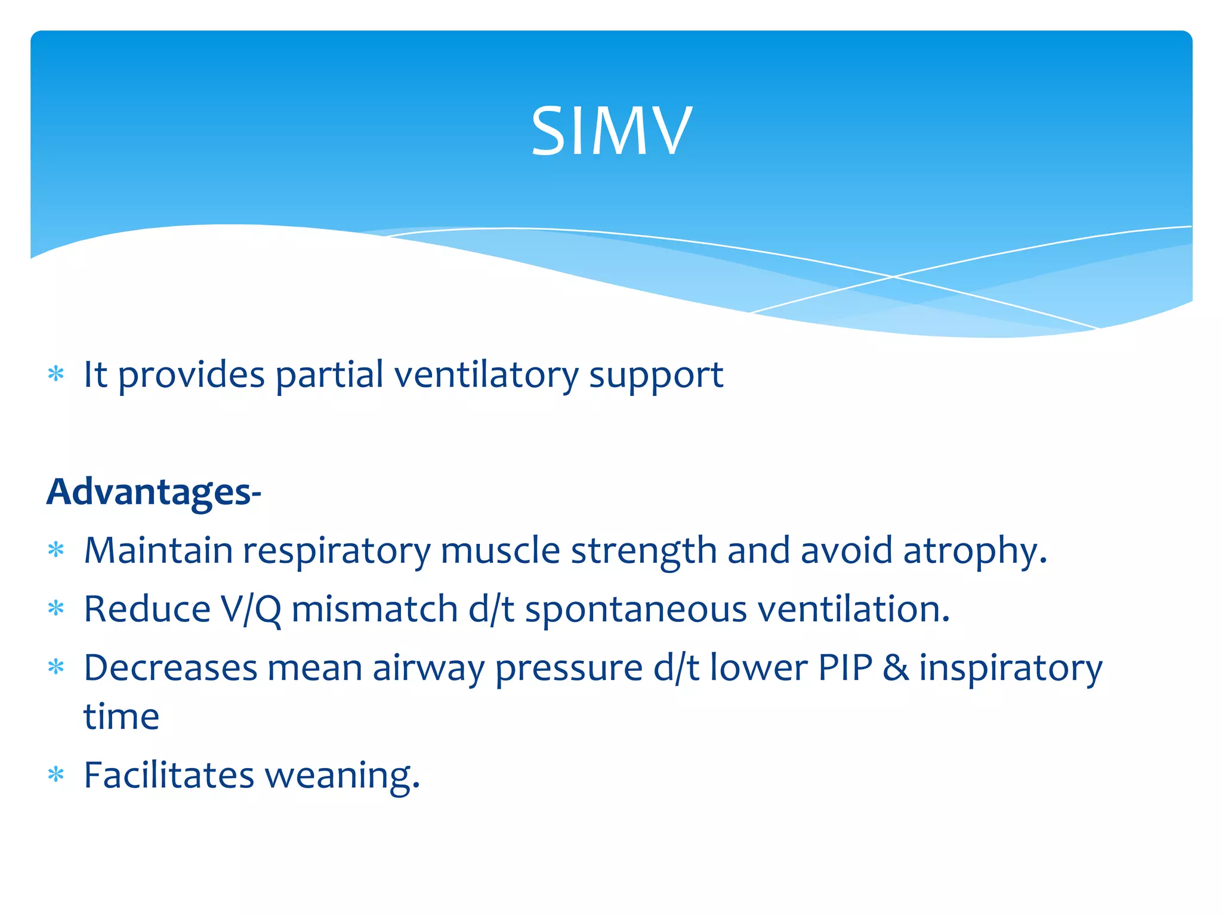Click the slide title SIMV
(612, 131)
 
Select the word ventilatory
(486, 376)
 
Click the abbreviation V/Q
(251, 610)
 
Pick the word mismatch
(375, 610)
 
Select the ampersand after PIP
(896, 668)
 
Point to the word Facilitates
(169, 775)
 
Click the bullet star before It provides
(56, 375)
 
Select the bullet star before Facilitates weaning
(56, 775)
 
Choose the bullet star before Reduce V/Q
(56, 609)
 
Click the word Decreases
(170, 668)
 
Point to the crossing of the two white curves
(893, 277)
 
